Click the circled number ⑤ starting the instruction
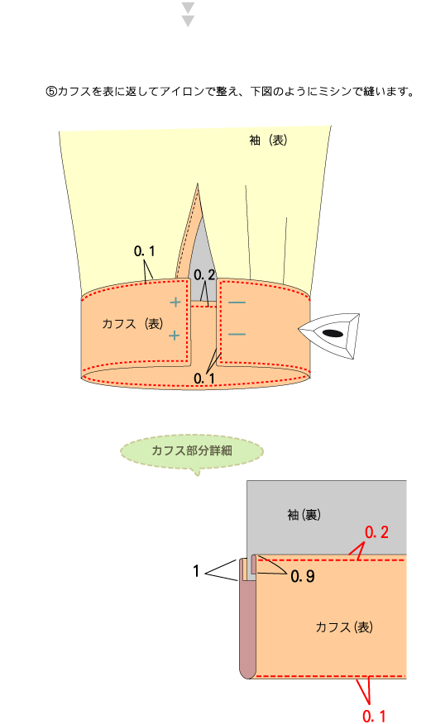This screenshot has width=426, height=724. (50, 92)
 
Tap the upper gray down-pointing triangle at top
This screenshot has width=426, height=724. (188, 7)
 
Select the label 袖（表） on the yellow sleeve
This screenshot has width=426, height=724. (268, 141)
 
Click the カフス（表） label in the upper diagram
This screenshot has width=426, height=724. (132, 324)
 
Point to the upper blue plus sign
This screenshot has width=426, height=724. (175, 302)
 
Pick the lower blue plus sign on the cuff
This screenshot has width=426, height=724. (175, 335)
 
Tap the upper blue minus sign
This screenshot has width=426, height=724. (237, 302)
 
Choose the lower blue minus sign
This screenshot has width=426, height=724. (237, 334)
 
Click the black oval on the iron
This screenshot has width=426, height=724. (333, 333)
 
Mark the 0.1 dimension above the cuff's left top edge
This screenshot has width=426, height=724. (144, 251)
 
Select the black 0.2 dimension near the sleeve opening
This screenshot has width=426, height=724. (204, 275)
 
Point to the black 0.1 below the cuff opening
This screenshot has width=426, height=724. (204, 379)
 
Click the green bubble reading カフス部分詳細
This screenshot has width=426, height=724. (192, 452)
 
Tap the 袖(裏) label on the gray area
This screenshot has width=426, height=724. (304, 514)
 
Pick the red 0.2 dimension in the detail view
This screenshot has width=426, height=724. (376, 532)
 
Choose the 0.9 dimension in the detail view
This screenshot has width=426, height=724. (303, 576)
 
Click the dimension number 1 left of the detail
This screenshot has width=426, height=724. (196, 572)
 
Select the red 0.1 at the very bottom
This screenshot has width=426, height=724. (374, 717)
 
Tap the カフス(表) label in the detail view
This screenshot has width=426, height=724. (344, 627)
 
